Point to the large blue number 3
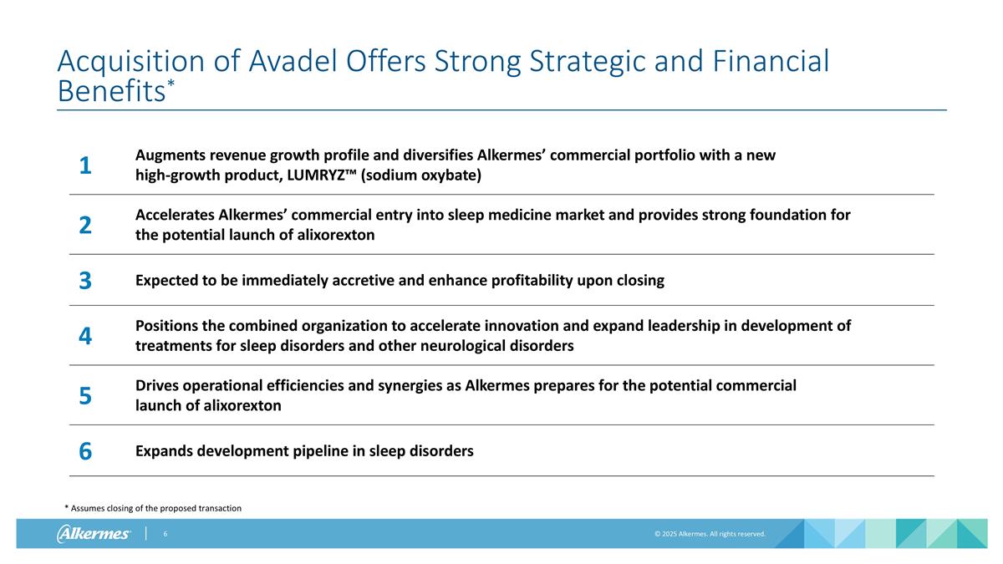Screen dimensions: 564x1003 coord(85,282)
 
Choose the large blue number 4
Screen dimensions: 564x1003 coord(85,337)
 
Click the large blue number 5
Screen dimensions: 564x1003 coord(85,396)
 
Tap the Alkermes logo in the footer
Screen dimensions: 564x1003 coord(94,534)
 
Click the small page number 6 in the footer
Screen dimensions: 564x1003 coord(165,534)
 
